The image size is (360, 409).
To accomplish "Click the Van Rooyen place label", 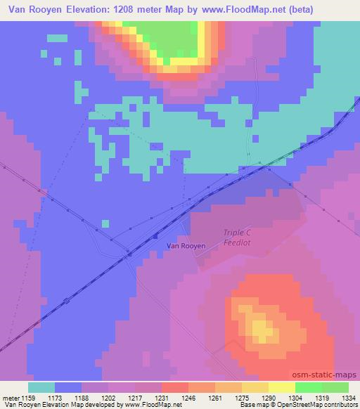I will pyautogui.click(x=186, y=245).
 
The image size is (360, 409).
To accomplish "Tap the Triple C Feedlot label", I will pyautogui.click(x=241, y=237).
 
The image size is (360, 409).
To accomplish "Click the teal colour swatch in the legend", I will pyautogui.click(x=41, y=387).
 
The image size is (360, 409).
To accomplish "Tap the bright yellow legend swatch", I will pyautogui.click(x=281, y=387).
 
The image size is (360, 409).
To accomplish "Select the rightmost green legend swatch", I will pyautogui.click(x=335, y=387).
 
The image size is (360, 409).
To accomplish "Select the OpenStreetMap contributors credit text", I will pyautogui.click(x=319, y=405).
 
